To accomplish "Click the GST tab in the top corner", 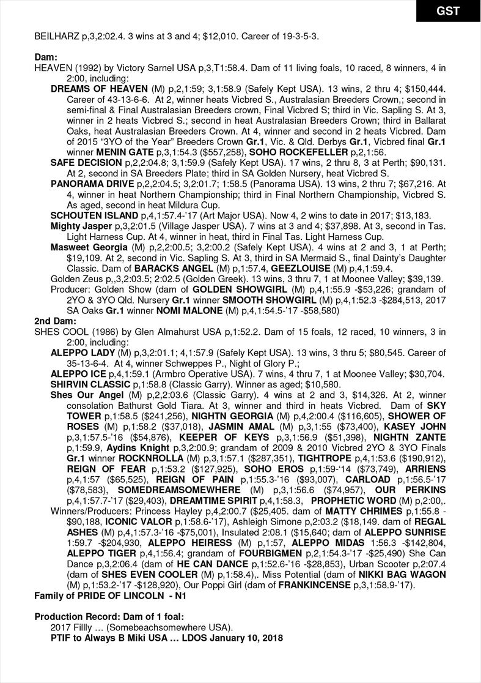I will (x=448, y=11).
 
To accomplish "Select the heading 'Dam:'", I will (x=46, y=58).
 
